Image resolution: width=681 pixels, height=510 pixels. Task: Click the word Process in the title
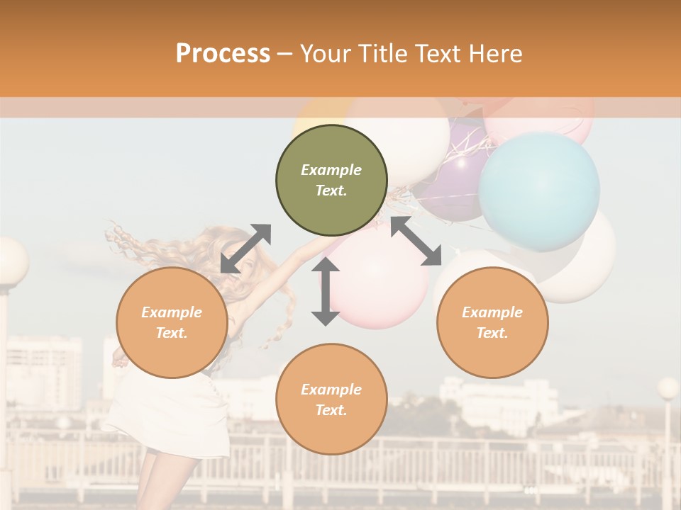223,54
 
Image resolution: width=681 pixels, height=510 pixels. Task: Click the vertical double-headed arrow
326,292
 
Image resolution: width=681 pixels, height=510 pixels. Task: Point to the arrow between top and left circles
245,249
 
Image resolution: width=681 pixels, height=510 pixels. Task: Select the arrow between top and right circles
416,241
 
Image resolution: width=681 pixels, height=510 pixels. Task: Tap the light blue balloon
539,191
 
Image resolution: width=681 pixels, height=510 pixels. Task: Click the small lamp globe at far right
668,388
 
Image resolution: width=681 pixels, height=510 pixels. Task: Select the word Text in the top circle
331,191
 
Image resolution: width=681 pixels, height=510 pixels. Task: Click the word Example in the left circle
172,312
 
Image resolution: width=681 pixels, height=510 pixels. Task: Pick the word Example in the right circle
492,312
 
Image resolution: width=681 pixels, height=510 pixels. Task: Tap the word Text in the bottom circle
331,410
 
